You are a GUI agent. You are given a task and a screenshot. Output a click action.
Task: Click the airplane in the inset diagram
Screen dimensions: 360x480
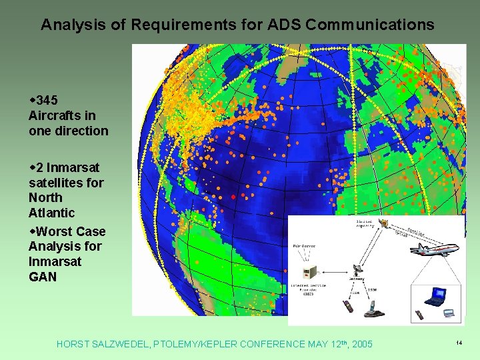[x=435, y=249]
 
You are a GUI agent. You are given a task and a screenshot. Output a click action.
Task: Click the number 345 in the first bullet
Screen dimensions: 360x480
[x=47, y=100]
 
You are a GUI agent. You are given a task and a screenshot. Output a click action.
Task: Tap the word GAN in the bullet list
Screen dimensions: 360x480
[x=43, y=277]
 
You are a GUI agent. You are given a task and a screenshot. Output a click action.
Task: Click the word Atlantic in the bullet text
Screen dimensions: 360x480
[x=51, y=213]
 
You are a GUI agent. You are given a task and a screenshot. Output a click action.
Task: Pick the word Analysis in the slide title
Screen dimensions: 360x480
[x=70, y=25]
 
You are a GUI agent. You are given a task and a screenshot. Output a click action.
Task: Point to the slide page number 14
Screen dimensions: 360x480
[x=459, y=343]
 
